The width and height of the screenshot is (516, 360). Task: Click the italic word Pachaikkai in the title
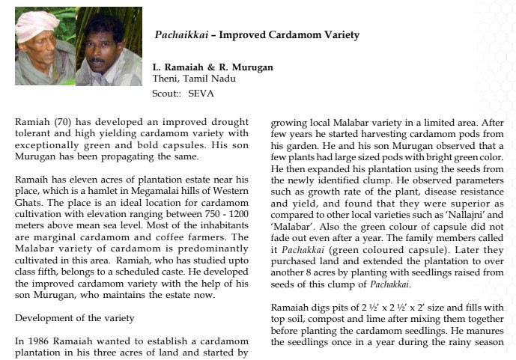(x=175, y=35)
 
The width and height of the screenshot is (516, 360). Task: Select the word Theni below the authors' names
(x=166, y=78)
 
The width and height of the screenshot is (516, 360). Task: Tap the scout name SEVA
(x=201, y=93)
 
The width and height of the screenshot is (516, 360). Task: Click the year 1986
(x=38, y=341)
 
